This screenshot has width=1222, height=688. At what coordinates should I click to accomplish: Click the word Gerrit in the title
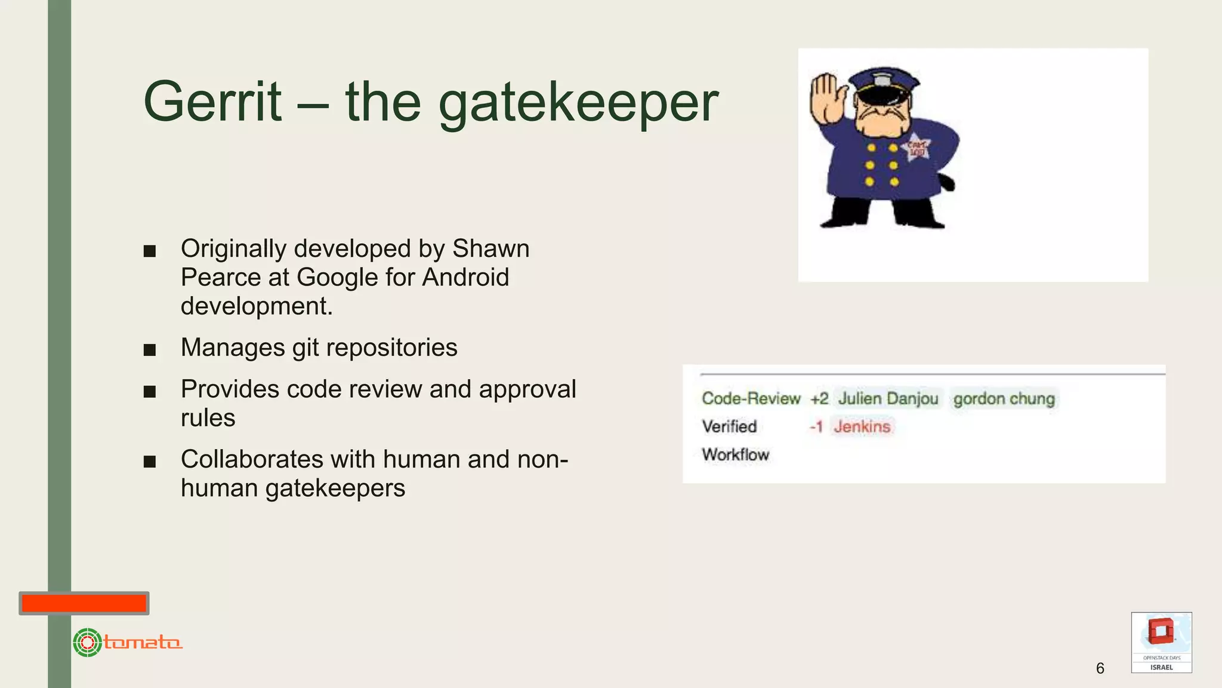[212, 102]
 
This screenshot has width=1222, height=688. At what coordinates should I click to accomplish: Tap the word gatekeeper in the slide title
[578, 105]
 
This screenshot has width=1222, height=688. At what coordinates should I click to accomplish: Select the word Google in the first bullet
[337, 278]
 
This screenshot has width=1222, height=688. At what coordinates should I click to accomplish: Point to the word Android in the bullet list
[465, 277]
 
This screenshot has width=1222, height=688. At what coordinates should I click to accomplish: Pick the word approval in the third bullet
[527, 389]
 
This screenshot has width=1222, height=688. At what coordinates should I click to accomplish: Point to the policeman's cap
[883, 84]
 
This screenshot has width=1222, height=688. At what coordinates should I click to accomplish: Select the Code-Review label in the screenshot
[751, 398]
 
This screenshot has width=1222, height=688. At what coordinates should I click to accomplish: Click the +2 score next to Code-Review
[819, 398]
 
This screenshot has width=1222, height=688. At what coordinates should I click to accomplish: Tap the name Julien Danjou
[888, 398]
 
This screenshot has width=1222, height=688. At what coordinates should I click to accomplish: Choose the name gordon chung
[1004, 398]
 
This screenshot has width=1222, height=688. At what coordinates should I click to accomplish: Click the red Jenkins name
[862, 426]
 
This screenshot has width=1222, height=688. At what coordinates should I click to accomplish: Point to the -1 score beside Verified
[816, 426]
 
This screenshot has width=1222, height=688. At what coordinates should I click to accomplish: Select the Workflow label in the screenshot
[735, 454]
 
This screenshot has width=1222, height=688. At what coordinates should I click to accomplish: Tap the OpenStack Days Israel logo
[1161, 642]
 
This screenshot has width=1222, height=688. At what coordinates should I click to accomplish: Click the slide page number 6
[1100, 668]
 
